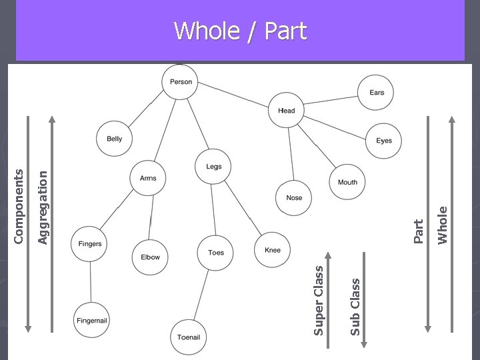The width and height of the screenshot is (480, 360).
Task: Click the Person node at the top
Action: coord(181,82)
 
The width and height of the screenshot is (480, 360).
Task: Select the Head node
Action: coord(286,111)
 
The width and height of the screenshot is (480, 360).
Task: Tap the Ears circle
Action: coord(377,93)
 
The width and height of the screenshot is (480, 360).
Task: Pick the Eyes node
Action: coord(384,141)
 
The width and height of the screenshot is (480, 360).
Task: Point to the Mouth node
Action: coord(347,182)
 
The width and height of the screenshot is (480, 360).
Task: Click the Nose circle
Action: coord(294,197)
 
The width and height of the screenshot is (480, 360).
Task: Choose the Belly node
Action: coord(114,139)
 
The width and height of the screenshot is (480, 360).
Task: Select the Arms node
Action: coord(148,178)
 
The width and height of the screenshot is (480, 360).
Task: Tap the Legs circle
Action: coord(213,166)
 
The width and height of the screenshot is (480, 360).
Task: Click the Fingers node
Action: coord(90,244)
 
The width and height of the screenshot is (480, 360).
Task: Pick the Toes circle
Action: coord(216,253)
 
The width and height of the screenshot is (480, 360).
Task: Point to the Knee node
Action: coord(273,250)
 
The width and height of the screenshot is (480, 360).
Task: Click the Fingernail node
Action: coord(91,321)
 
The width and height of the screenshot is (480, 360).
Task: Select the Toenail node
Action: coord(189,337)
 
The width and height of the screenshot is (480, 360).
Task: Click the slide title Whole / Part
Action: coord(240,31)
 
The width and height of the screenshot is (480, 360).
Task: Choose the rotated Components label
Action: coord(19,205)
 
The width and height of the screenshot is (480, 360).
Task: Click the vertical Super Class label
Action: coord(319,300)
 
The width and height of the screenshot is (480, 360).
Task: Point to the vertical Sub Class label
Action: coord(355,306)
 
